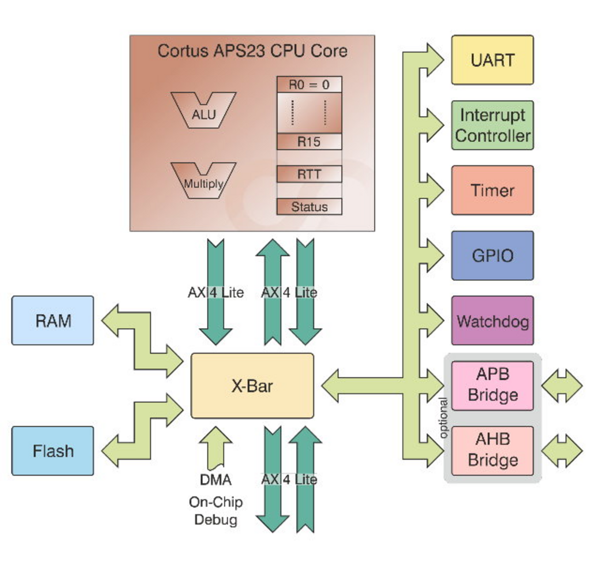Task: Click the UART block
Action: click(492, 60)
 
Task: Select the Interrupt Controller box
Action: click(492, 125)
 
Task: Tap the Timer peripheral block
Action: click(492, 190)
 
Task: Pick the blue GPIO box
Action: click(492, 255)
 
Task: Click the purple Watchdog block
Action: click(492, 320)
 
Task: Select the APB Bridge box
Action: click(492, 385)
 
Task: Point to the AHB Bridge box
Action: click(492, 451)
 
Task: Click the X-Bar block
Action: click(252, 386)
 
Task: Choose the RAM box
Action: click(52, 320)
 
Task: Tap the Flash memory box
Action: click(52, 451)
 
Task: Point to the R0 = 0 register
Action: click(309, 85)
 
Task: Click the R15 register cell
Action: click(309, 142)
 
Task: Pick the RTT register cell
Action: click(309, 174)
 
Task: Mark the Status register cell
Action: click(309, 207)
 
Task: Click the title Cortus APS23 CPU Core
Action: click(252, 51)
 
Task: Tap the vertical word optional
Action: click(443, 418)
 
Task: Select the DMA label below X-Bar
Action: click(215, 480)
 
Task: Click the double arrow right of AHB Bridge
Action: click(562, 451)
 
